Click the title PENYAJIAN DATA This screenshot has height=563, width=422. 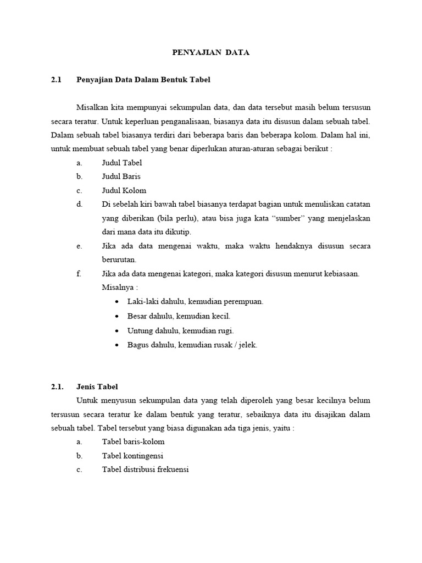click(210, 53)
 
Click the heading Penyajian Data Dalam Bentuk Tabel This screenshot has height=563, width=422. click(143, 80)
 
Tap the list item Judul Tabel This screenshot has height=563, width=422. click(122, 163)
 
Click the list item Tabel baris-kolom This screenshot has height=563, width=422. click(133, 441)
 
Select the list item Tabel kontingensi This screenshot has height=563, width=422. click(132, 456)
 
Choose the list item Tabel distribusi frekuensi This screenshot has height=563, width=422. click(145, 470)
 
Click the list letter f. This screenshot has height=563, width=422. click(79, 274)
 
